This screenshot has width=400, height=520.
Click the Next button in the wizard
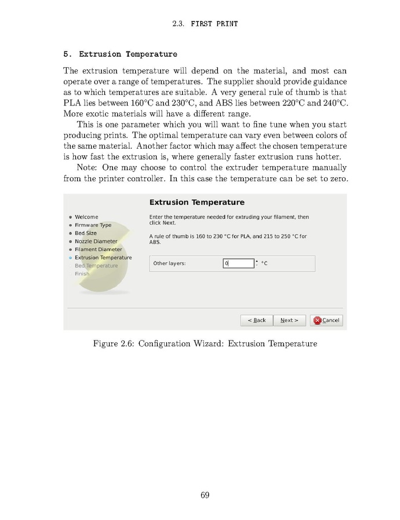[x=289, y=320]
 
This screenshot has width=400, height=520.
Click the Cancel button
[x=327, y=320]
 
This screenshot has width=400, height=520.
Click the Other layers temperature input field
[x=238, y=263]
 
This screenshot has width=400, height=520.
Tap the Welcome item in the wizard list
[x=86, y=217]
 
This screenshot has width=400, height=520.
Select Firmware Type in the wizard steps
[x=93, y=225]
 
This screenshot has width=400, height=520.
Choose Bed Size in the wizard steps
[x=86, y=233]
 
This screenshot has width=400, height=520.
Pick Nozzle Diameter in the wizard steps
[x=96, y=241]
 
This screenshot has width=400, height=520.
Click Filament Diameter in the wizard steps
[x=98, y=250]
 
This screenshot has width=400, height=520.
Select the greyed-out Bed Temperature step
[x=96, y=266]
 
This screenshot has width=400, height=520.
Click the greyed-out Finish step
[x=82, y=274]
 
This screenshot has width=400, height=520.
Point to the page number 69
[x=205, y=495]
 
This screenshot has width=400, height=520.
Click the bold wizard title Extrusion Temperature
[x=197, y=203]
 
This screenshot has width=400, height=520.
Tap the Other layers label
[x=169, y=263]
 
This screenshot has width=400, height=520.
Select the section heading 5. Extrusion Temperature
[x=120, y=54]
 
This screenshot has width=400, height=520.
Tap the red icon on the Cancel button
[x=317, y=320]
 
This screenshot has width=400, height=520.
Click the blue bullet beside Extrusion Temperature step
[x=70, y=258]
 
